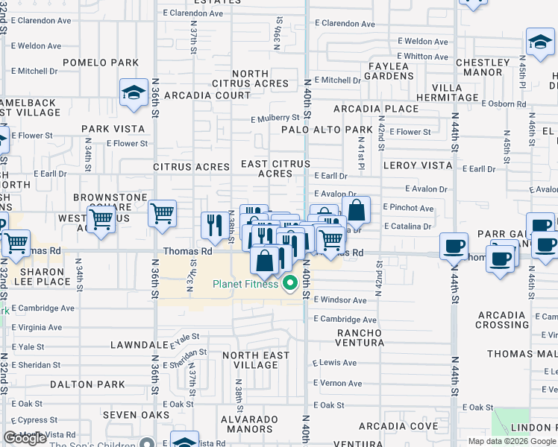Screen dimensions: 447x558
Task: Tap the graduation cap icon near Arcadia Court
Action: click(134, 93)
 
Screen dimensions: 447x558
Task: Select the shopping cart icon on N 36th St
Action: click(162, 215)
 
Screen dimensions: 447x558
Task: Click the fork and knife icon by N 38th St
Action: click(215, 225)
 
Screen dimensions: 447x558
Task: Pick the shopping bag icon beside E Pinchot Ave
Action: click(357, 210)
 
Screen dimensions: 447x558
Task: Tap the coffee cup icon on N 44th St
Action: click(453, 245)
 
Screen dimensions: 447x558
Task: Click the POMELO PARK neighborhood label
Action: click(101, 62)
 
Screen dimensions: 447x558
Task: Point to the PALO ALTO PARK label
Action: click(327, 130)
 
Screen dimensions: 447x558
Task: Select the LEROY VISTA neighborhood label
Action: click(418, 165)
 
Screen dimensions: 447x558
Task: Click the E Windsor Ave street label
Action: click(340, 300)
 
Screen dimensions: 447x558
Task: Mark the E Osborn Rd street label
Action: click(506, 104)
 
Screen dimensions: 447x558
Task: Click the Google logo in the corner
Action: click(25, 438)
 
